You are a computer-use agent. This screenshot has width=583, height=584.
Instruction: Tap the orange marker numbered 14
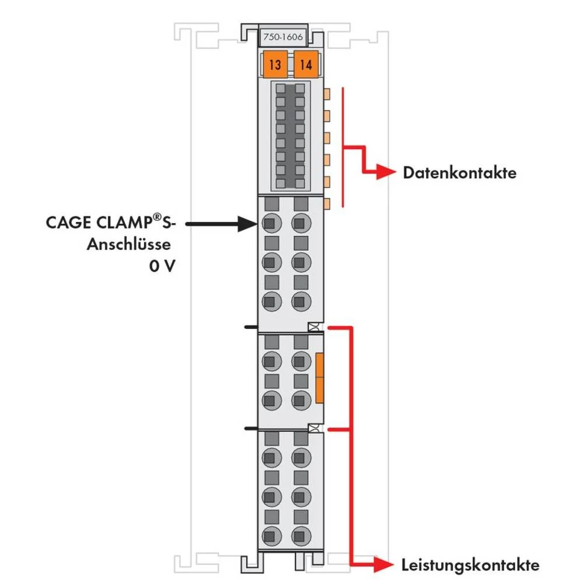click(x=305, y=64)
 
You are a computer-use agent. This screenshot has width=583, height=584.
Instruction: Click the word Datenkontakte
click(x=460, y=173)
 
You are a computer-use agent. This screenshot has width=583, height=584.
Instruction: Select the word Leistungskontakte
click(x=470, y=565)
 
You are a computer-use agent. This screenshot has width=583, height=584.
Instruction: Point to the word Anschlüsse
click(x=128, y=245)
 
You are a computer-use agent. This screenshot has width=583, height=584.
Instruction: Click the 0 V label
click(x=162, y=266)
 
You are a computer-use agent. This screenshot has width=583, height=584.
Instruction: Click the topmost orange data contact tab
click(x=327, y=93)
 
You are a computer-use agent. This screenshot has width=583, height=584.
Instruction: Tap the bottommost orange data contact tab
click(x=327, y=203)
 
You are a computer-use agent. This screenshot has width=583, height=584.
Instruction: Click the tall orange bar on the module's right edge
click(x=319, y=378)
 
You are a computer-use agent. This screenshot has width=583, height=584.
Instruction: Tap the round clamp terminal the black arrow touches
click(x=270, y=223)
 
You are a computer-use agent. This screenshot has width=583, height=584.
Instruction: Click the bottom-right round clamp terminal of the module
click(x=300, y=534)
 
